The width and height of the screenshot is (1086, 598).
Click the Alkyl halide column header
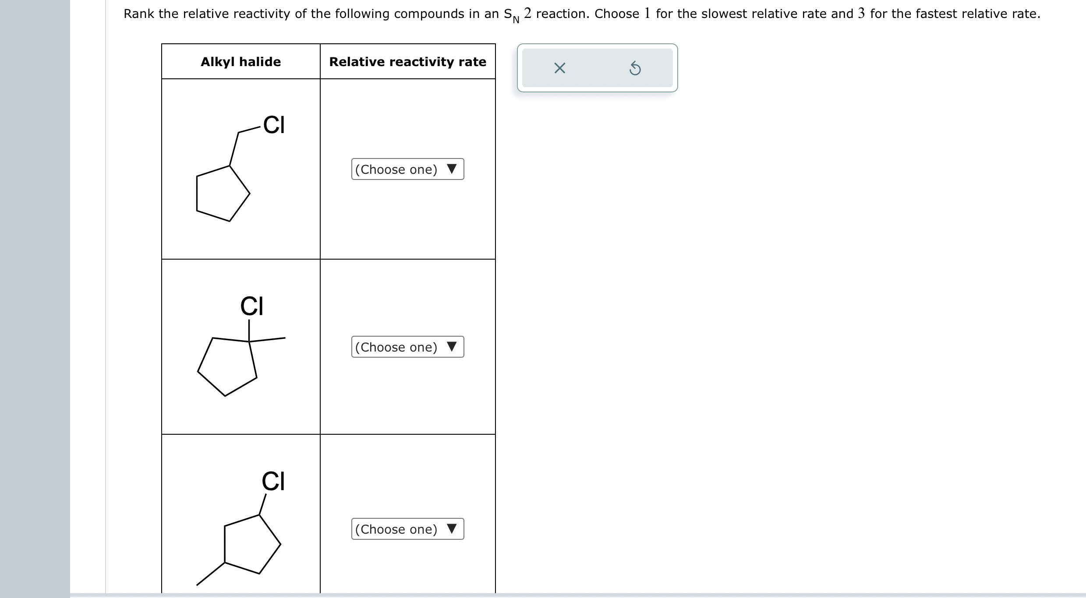tap(241, 62)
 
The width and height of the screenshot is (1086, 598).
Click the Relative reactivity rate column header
tap(407, 62)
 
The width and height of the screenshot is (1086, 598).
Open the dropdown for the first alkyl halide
tap(407, 169)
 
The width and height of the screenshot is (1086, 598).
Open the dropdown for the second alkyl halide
tap(407, 347)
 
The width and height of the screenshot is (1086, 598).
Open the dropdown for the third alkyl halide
tap(407, 529)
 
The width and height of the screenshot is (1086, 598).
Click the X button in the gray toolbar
tap(559, 68)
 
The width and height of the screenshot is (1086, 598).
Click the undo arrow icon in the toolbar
tap(635, 69)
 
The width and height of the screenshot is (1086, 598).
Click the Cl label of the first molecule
tap(274, 125)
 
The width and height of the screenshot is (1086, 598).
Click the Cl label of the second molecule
tap(251, 306)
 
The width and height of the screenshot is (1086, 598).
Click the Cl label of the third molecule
tap(273, 481)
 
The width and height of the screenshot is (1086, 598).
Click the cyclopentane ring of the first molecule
tap(221, 194)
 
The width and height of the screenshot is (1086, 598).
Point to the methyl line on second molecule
tap(268, 339)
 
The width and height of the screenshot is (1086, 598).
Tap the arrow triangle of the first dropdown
tap(452, 169)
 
